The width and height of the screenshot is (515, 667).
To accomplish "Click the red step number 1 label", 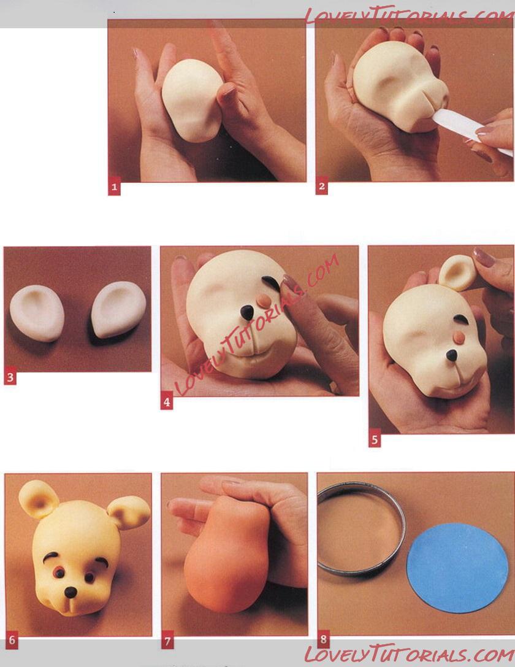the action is tap(114, 187).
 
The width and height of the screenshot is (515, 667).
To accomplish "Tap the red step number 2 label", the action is tap(321, 187).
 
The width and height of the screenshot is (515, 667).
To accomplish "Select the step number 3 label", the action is tap(10, 377).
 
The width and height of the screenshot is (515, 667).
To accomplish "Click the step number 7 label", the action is tap(167, 641).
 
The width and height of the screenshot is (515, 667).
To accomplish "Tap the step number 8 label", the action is tap(323, 639).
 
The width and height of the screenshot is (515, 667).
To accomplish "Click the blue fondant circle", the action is tap(457, 568).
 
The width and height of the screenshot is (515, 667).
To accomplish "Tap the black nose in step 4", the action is tap(247, 313).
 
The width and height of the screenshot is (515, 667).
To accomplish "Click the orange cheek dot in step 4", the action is tap(264, 301).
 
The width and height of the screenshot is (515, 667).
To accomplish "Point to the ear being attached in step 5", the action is tap(457, 272).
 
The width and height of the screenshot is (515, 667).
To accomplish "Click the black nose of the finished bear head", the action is tap(71, 592).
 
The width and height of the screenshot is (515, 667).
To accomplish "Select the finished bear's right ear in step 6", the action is tap(129, 512).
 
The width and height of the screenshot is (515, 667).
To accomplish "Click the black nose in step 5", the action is tap(452, 355).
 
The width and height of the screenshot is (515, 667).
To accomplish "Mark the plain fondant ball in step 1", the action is tap(193, 101).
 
